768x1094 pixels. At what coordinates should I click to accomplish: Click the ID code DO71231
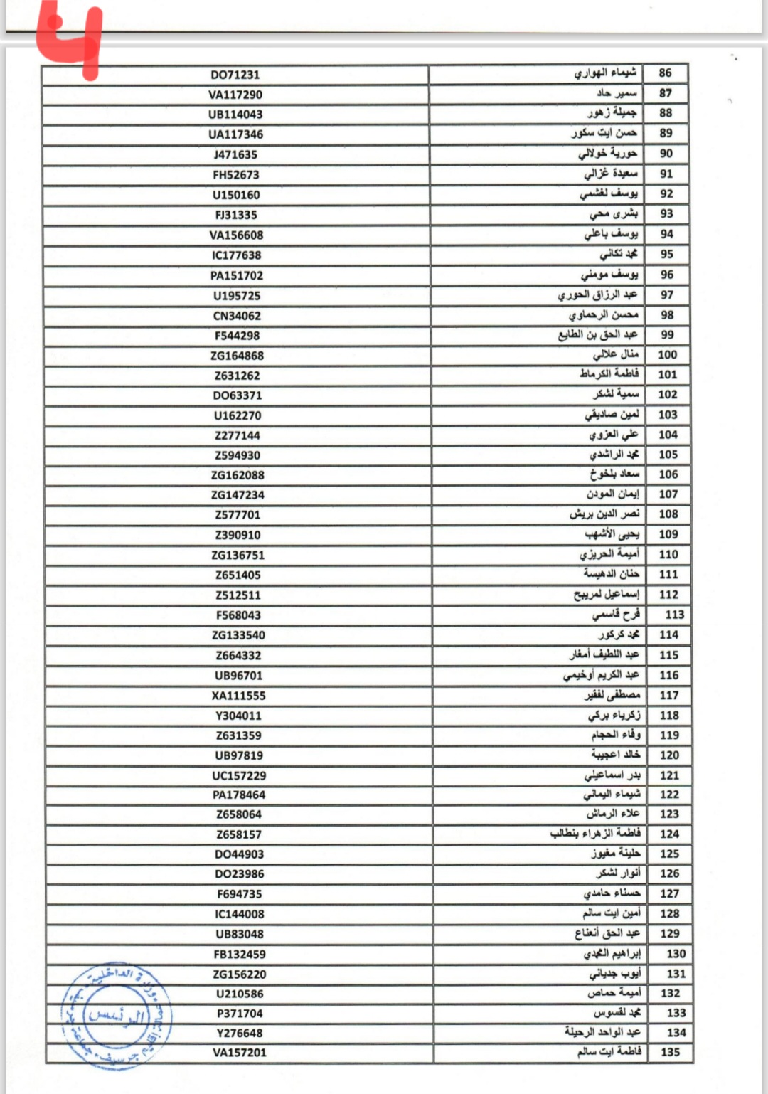pyautogui.click(x=235, y=75)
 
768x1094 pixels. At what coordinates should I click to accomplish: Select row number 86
pyautogui.click(x=665, y=73)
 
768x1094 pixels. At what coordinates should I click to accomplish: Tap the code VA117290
pyautogui.click(x=235, y=95)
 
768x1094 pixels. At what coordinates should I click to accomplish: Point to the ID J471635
pyautogui.click(x=235, y=154)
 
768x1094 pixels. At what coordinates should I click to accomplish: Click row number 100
pyautogui.click(x=667, y=354)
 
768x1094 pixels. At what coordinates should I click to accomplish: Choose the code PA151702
pyautogui.click(x=237, y=275)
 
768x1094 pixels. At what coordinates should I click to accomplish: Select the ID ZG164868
pyautogui.click(x=237, y=356)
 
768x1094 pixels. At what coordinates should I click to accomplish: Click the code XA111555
pyautogui.click(x=238, y=696)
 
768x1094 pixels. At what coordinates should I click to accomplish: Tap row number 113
pyautogui.click(x=674, y=615)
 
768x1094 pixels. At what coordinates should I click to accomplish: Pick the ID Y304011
pyautogui.click(x=238, y=716)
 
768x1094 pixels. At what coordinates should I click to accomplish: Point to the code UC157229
pyautogui.click(x=239, y=775)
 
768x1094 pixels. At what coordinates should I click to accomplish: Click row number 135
pyautogui.click(x=670, y=1051)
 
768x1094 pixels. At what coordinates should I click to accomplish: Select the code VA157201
pyautogui.click(x=240, y=1052)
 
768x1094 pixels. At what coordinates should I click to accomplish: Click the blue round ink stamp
pyautogui.click(x=116, y=1016)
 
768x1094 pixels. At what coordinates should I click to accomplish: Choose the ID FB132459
pyautogui.click(x=240, y=954)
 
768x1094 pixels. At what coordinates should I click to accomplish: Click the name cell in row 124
pyautogui.click(x=595, y=834)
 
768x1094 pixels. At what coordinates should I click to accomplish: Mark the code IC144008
pyautogui.click(x=239, y=914)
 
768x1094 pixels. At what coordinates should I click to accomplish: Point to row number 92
pyautogui.click(x=666, y=193)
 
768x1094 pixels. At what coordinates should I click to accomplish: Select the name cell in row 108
pyautogui.click(x=604, y=514)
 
